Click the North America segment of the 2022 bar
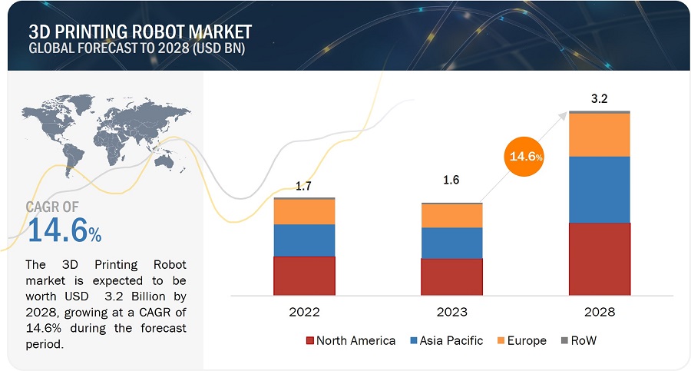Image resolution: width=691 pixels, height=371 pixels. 304,276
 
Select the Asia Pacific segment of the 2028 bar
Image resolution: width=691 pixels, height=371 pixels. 599,190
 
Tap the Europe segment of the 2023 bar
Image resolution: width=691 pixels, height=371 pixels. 451,216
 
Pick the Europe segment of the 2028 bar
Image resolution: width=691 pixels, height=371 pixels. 599,135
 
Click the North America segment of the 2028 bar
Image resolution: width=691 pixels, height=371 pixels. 599,259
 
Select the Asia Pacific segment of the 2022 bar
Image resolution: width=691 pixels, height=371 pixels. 304,240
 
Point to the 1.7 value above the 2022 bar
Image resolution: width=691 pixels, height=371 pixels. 305,186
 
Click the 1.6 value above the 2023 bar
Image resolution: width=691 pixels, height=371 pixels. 451,180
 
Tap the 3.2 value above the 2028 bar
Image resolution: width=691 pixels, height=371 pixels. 599,98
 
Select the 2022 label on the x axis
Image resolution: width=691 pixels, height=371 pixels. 304,313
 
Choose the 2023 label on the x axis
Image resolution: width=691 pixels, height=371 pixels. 451,313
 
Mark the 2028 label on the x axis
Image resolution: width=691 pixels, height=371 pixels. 599,313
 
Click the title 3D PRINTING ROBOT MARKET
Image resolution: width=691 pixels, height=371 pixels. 140,32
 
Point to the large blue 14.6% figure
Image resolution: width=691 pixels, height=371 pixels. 64,229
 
